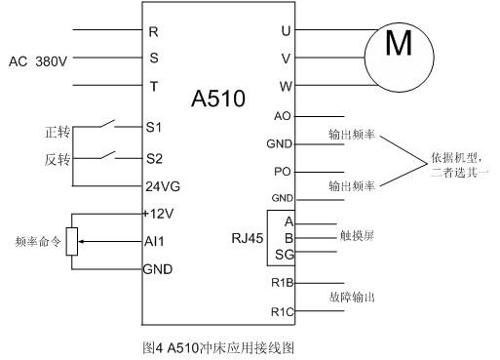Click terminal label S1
click(x=154, y=128)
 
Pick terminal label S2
click(x=154, y=157)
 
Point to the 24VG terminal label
click(x=161, y=185)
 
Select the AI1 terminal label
click(x=154, y=240)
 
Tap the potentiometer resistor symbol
click(x=71, y=240)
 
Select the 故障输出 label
click(x=352, y=297)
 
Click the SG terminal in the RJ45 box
click(x=285, y=254)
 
